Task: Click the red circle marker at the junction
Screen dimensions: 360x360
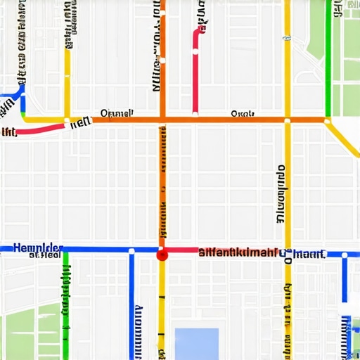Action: click(x=162, y=256)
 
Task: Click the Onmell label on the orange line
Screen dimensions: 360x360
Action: click(x=117, y=112)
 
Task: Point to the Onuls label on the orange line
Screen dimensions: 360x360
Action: click(x=243, y=113)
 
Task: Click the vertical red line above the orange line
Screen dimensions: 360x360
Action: click(x=195, y=70)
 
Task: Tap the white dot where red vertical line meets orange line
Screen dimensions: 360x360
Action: click(x=195, y=115)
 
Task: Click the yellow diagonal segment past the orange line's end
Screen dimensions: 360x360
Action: click(x=345, y=139)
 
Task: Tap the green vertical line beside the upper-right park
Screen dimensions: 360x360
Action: click(x=328, y=56)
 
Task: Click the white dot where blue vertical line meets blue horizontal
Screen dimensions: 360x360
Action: click(x=131, y=250)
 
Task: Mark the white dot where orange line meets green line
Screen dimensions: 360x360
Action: click(x=328, y=120)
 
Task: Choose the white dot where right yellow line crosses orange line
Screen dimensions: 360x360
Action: click(x=287, y=120)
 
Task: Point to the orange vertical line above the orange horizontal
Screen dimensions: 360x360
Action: click(x=162, y=56)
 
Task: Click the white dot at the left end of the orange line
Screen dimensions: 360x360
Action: click(x=67, y=121)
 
